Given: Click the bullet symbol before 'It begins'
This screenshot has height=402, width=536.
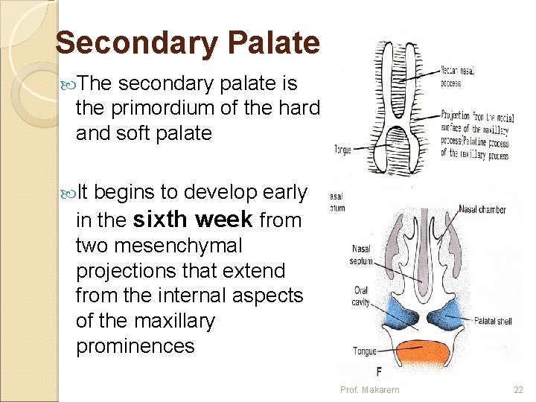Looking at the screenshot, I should point(67,193).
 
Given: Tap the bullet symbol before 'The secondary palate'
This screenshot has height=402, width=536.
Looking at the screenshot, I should point(67,83).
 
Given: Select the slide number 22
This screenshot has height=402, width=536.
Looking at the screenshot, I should point(519,390).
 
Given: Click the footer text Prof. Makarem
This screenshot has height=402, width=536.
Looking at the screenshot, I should point(369,390).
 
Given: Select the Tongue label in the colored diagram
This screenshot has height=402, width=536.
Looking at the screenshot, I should point(365,351).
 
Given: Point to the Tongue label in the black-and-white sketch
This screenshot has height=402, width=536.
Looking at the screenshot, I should point(343,149).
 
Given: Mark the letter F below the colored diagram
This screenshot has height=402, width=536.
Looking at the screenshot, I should point(380,372).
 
